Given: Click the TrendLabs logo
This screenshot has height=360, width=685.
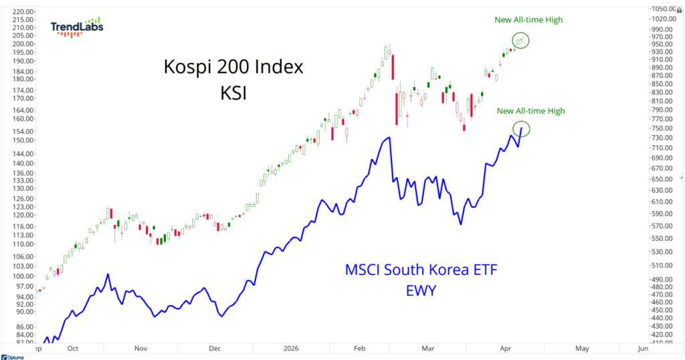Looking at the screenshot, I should (x=76, y=27).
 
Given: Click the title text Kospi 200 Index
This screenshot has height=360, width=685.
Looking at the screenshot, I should (x=233, y=68).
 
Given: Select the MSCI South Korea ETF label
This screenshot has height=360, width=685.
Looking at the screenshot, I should (x=421, y=271).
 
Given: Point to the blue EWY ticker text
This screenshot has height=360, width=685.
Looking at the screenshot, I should (x=421, y=291).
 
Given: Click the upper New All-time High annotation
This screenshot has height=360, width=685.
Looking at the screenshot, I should (x=528, y=20).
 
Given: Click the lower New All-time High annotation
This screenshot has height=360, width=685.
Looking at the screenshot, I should (x=531, y=111).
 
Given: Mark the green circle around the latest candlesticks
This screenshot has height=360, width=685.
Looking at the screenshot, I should (x=520, y=41).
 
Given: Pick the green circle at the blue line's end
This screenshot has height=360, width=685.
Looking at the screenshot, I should (x=521, y=128).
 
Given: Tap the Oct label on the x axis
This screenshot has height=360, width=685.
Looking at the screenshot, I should (x=73, y=349).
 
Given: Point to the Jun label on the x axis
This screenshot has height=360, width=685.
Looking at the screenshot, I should (x=643, y=349).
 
